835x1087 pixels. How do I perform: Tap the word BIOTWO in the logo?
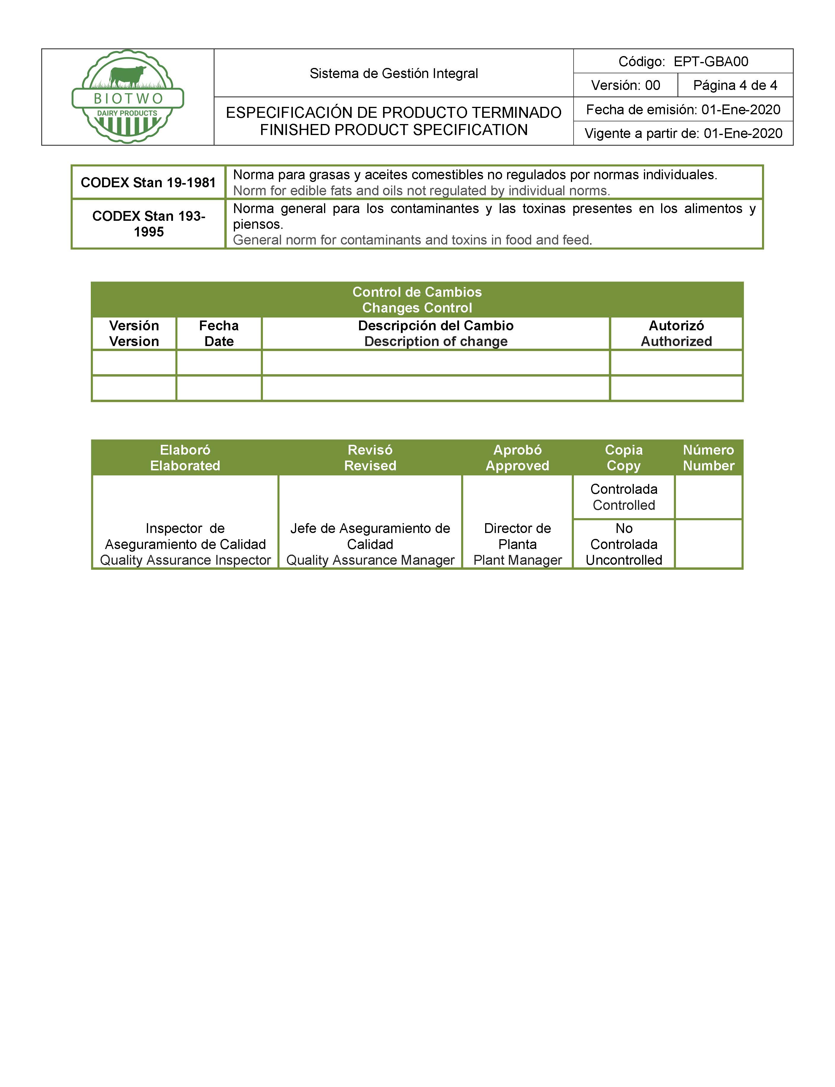(128, 99)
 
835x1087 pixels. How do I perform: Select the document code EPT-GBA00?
(711, 62)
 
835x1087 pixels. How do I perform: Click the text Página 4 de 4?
(735, 85)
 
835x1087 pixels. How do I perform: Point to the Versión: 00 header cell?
(625, 85)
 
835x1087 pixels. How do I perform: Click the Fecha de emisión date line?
(683, 109)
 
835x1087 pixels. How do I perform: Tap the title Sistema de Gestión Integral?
(394, 74)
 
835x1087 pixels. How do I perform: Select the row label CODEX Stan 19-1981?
(148, 183)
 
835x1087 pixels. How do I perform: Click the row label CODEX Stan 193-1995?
(149, 224)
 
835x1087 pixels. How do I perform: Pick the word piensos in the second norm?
(258, 224)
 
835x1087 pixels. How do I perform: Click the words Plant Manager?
(517, 560)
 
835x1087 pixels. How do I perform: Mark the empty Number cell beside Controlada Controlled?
(708, 497)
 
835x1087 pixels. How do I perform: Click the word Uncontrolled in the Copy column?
(624, 560)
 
